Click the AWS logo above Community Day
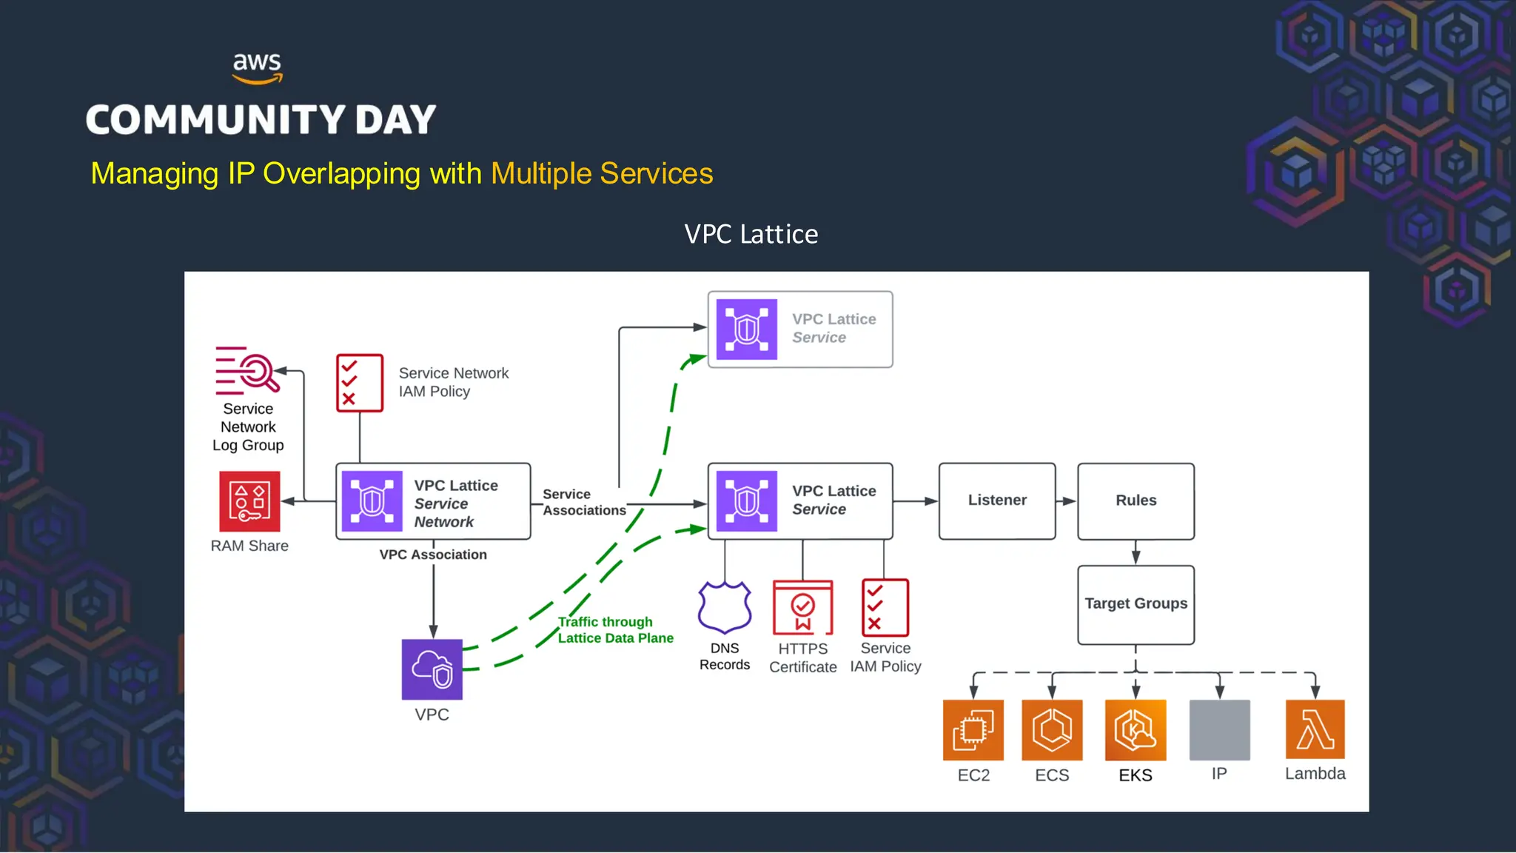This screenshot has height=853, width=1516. [x=257, y=68]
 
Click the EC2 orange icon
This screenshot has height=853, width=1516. [x=973, y=730]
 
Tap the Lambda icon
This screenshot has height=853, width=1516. [x=1315, y=729]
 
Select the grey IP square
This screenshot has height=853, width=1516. [x=1219, y=730]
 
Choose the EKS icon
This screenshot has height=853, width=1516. [x=1135, y=730]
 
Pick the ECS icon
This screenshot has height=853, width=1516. [x=1052, y=730]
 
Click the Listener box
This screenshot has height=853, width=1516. [x=996, y=501]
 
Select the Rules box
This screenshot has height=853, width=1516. [x=1136, y=501]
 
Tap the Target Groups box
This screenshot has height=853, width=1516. [x=1136, y=604]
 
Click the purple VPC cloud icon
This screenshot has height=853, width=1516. [x=432, y=669]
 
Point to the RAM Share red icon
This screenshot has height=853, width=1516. [x=249, y=501]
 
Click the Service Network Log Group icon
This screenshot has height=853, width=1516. [x=247, y=370]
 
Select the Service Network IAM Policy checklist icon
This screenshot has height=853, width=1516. [x=360, y=383]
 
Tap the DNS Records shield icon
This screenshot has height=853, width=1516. [x=725, y=608]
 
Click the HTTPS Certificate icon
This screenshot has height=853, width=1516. [x=802, y=608]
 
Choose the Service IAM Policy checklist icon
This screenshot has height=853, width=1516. [x=885, y=608]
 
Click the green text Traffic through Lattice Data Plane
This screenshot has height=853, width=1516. [x=614, y=630]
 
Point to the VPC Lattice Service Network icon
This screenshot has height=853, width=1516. [x=372, y=501]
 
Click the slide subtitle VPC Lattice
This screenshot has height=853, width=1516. [x=751, y=235]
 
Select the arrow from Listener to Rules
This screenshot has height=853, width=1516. [x=1066, y=501]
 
